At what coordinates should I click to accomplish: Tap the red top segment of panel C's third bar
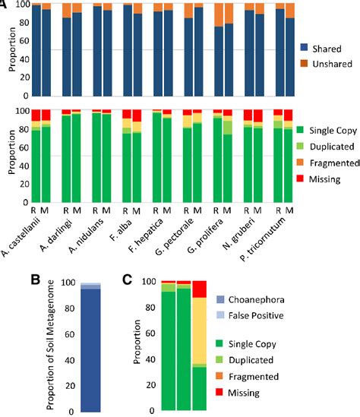pos(198,289)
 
